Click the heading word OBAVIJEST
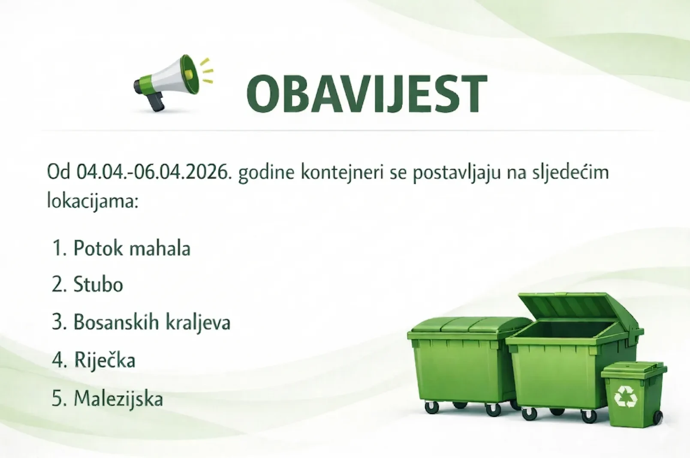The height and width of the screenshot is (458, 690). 367,94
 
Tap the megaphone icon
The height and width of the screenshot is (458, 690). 172,81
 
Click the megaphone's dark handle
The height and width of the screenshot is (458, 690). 157,102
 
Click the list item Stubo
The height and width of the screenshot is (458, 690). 98,285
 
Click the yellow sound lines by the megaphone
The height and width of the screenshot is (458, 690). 207,71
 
